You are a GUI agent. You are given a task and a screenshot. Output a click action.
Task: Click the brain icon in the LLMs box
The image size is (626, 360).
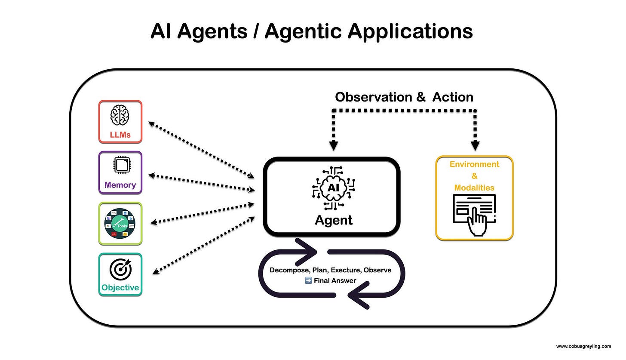coord(120,115)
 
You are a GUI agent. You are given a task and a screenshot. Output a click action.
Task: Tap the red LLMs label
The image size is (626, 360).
coord(120,135)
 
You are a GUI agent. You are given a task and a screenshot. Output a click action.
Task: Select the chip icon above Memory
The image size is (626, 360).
coord(122,165)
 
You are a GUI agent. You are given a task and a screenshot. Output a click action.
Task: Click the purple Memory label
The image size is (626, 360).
coord(120,185)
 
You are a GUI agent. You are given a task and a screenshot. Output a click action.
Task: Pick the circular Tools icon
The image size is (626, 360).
coord(120,223)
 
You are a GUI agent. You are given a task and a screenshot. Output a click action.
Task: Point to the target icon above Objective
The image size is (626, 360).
coord(120,269)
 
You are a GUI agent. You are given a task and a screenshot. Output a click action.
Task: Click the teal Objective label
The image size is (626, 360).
coord(120,287)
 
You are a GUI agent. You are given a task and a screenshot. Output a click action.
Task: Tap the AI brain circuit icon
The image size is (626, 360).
coord(333,188)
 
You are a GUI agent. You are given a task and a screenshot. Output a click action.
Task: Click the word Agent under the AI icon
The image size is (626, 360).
coord(334,220)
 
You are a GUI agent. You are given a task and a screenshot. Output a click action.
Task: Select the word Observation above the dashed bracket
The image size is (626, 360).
coord(374,97)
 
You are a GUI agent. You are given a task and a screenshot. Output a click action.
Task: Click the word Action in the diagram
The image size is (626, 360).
coord(453,97)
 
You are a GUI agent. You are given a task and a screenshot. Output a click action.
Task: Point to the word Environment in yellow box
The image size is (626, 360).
coord(474,164)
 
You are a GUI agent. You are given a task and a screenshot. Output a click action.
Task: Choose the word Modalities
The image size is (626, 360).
coord(474,188)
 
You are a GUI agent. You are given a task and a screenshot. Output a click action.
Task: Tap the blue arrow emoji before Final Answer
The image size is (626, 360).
coord(308,280)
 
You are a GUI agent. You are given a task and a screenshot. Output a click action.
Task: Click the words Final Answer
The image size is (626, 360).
coord(335,280)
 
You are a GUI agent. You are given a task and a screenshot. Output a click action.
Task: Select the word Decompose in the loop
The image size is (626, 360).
coord(290,270)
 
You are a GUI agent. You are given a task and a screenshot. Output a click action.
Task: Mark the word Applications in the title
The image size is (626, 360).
coord(410,31)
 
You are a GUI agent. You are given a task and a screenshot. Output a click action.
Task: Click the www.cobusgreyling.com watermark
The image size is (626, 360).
coord(583,346)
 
